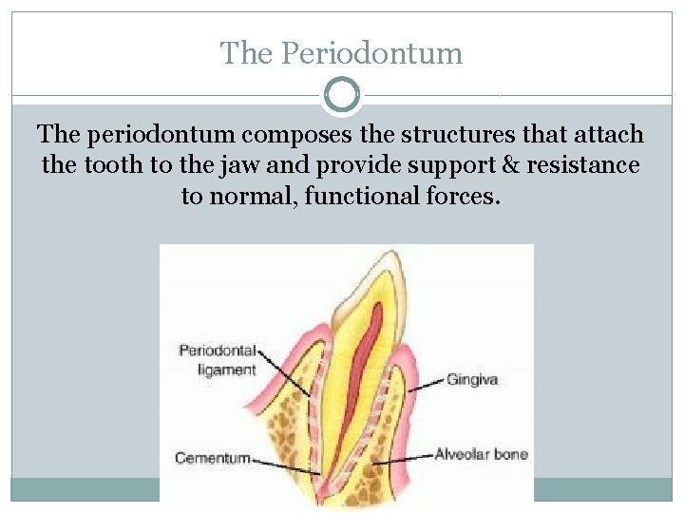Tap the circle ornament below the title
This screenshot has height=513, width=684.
click(x=342, y=95)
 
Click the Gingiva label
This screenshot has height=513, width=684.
click(x=472, y=379)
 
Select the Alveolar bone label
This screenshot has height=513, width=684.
click(x=481, y=454)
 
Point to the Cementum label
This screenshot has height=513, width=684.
click(x=213, y=458)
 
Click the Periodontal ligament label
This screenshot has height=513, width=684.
click(x=218, y=360)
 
